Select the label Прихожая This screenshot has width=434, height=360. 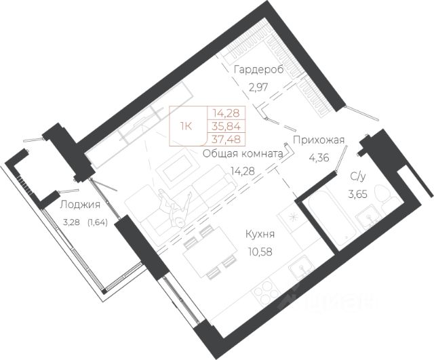319,140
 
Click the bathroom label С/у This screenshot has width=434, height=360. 359,178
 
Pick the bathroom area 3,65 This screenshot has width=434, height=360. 359,194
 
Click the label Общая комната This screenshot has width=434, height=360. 242,154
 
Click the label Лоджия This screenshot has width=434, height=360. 80,205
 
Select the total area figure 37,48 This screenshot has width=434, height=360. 228,138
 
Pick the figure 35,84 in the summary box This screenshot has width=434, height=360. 228,125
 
